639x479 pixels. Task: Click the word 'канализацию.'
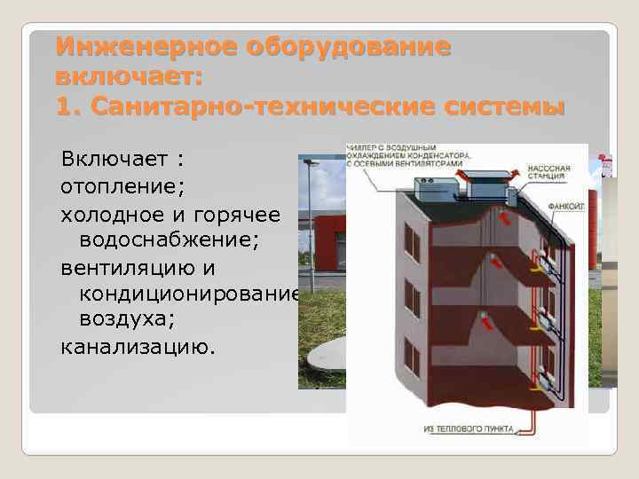[138, 344]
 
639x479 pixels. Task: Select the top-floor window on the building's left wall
[412, 242]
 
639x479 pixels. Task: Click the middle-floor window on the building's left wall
[412, 298]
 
